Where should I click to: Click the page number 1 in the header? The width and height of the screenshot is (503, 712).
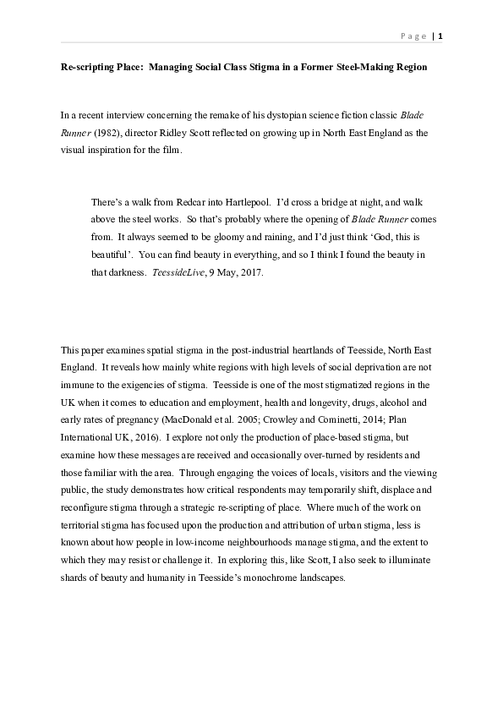coord(440,36)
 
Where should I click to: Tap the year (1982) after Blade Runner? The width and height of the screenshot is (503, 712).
coord(107,133)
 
